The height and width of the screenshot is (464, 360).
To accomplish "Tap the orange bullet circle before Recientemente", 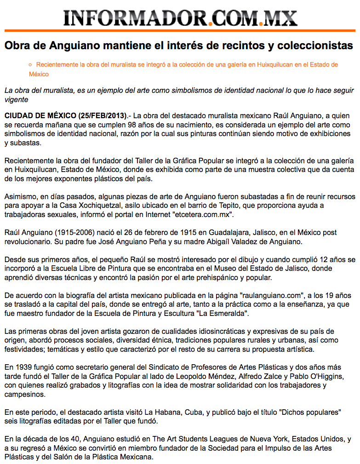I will coord(30,65).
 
